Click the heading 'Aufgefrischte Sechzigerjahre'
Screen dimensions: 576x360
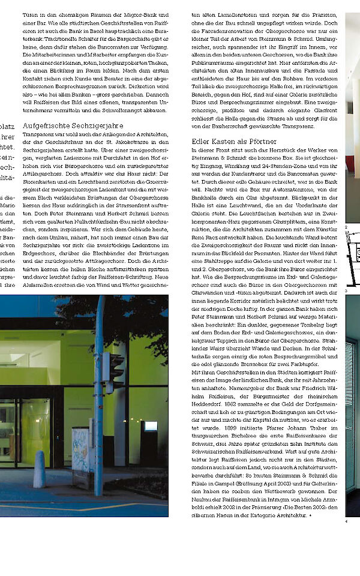tap(73, 126)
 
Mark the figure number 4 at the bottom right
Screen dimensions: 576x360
tap(346, 520)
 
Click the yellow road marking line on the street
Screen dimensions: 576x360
tap(90, 506)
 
